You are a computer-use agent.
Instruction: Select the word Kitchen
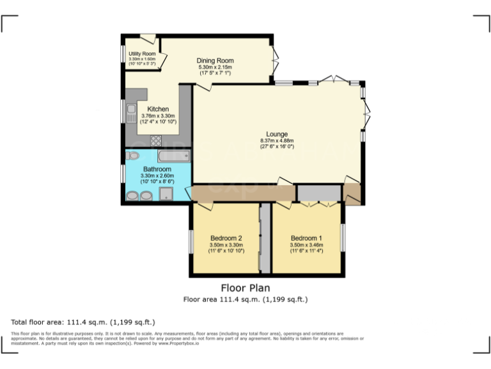click(x=158, y=109)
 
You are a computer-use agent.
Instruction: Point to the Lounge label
click(x=277, y=134)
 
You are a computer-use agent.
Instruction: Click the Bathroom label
click(x=157, y=169)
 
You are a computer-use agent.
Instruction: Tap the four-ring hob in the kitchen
click(x=155, y=141)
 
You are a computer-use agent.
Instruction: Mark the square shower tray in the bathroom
click(x=167, y=196)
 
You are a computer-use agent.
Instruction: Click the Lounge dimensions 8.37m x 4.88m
click(x=277, y=141)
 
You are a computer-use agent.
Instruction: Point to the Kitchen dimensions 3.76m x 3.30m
click(x=158, y=116)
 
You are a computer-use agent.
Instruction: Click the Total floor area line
click(x=82, y=322)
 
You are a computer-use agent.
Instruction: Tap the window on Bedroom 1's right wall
click(x=343, y=238)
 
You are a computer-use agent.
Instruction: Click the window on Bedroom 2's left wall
click(x=191, y=242)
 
